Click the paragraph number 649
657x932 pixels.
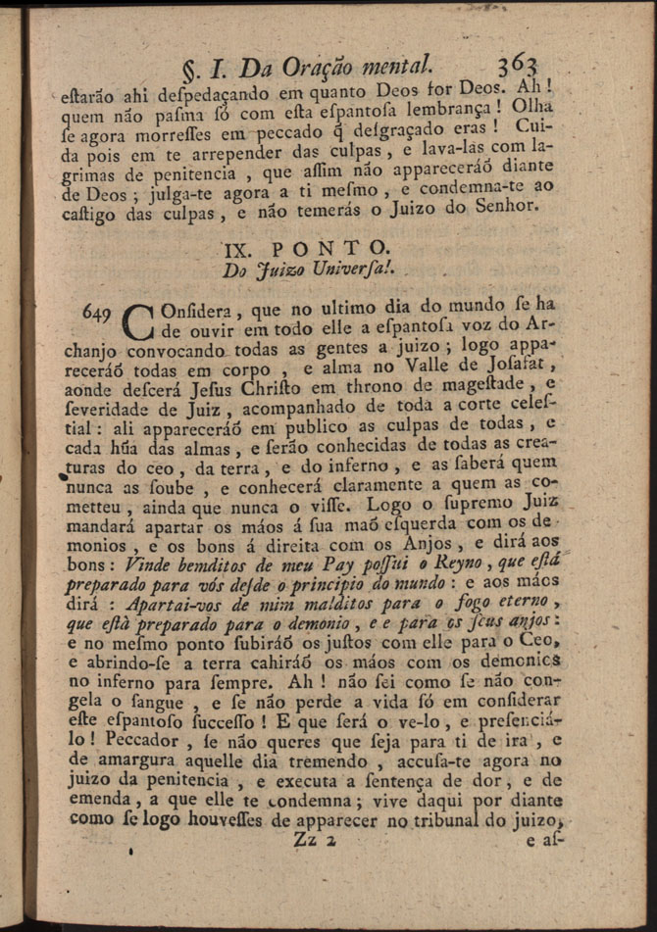tap(98, 311)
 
